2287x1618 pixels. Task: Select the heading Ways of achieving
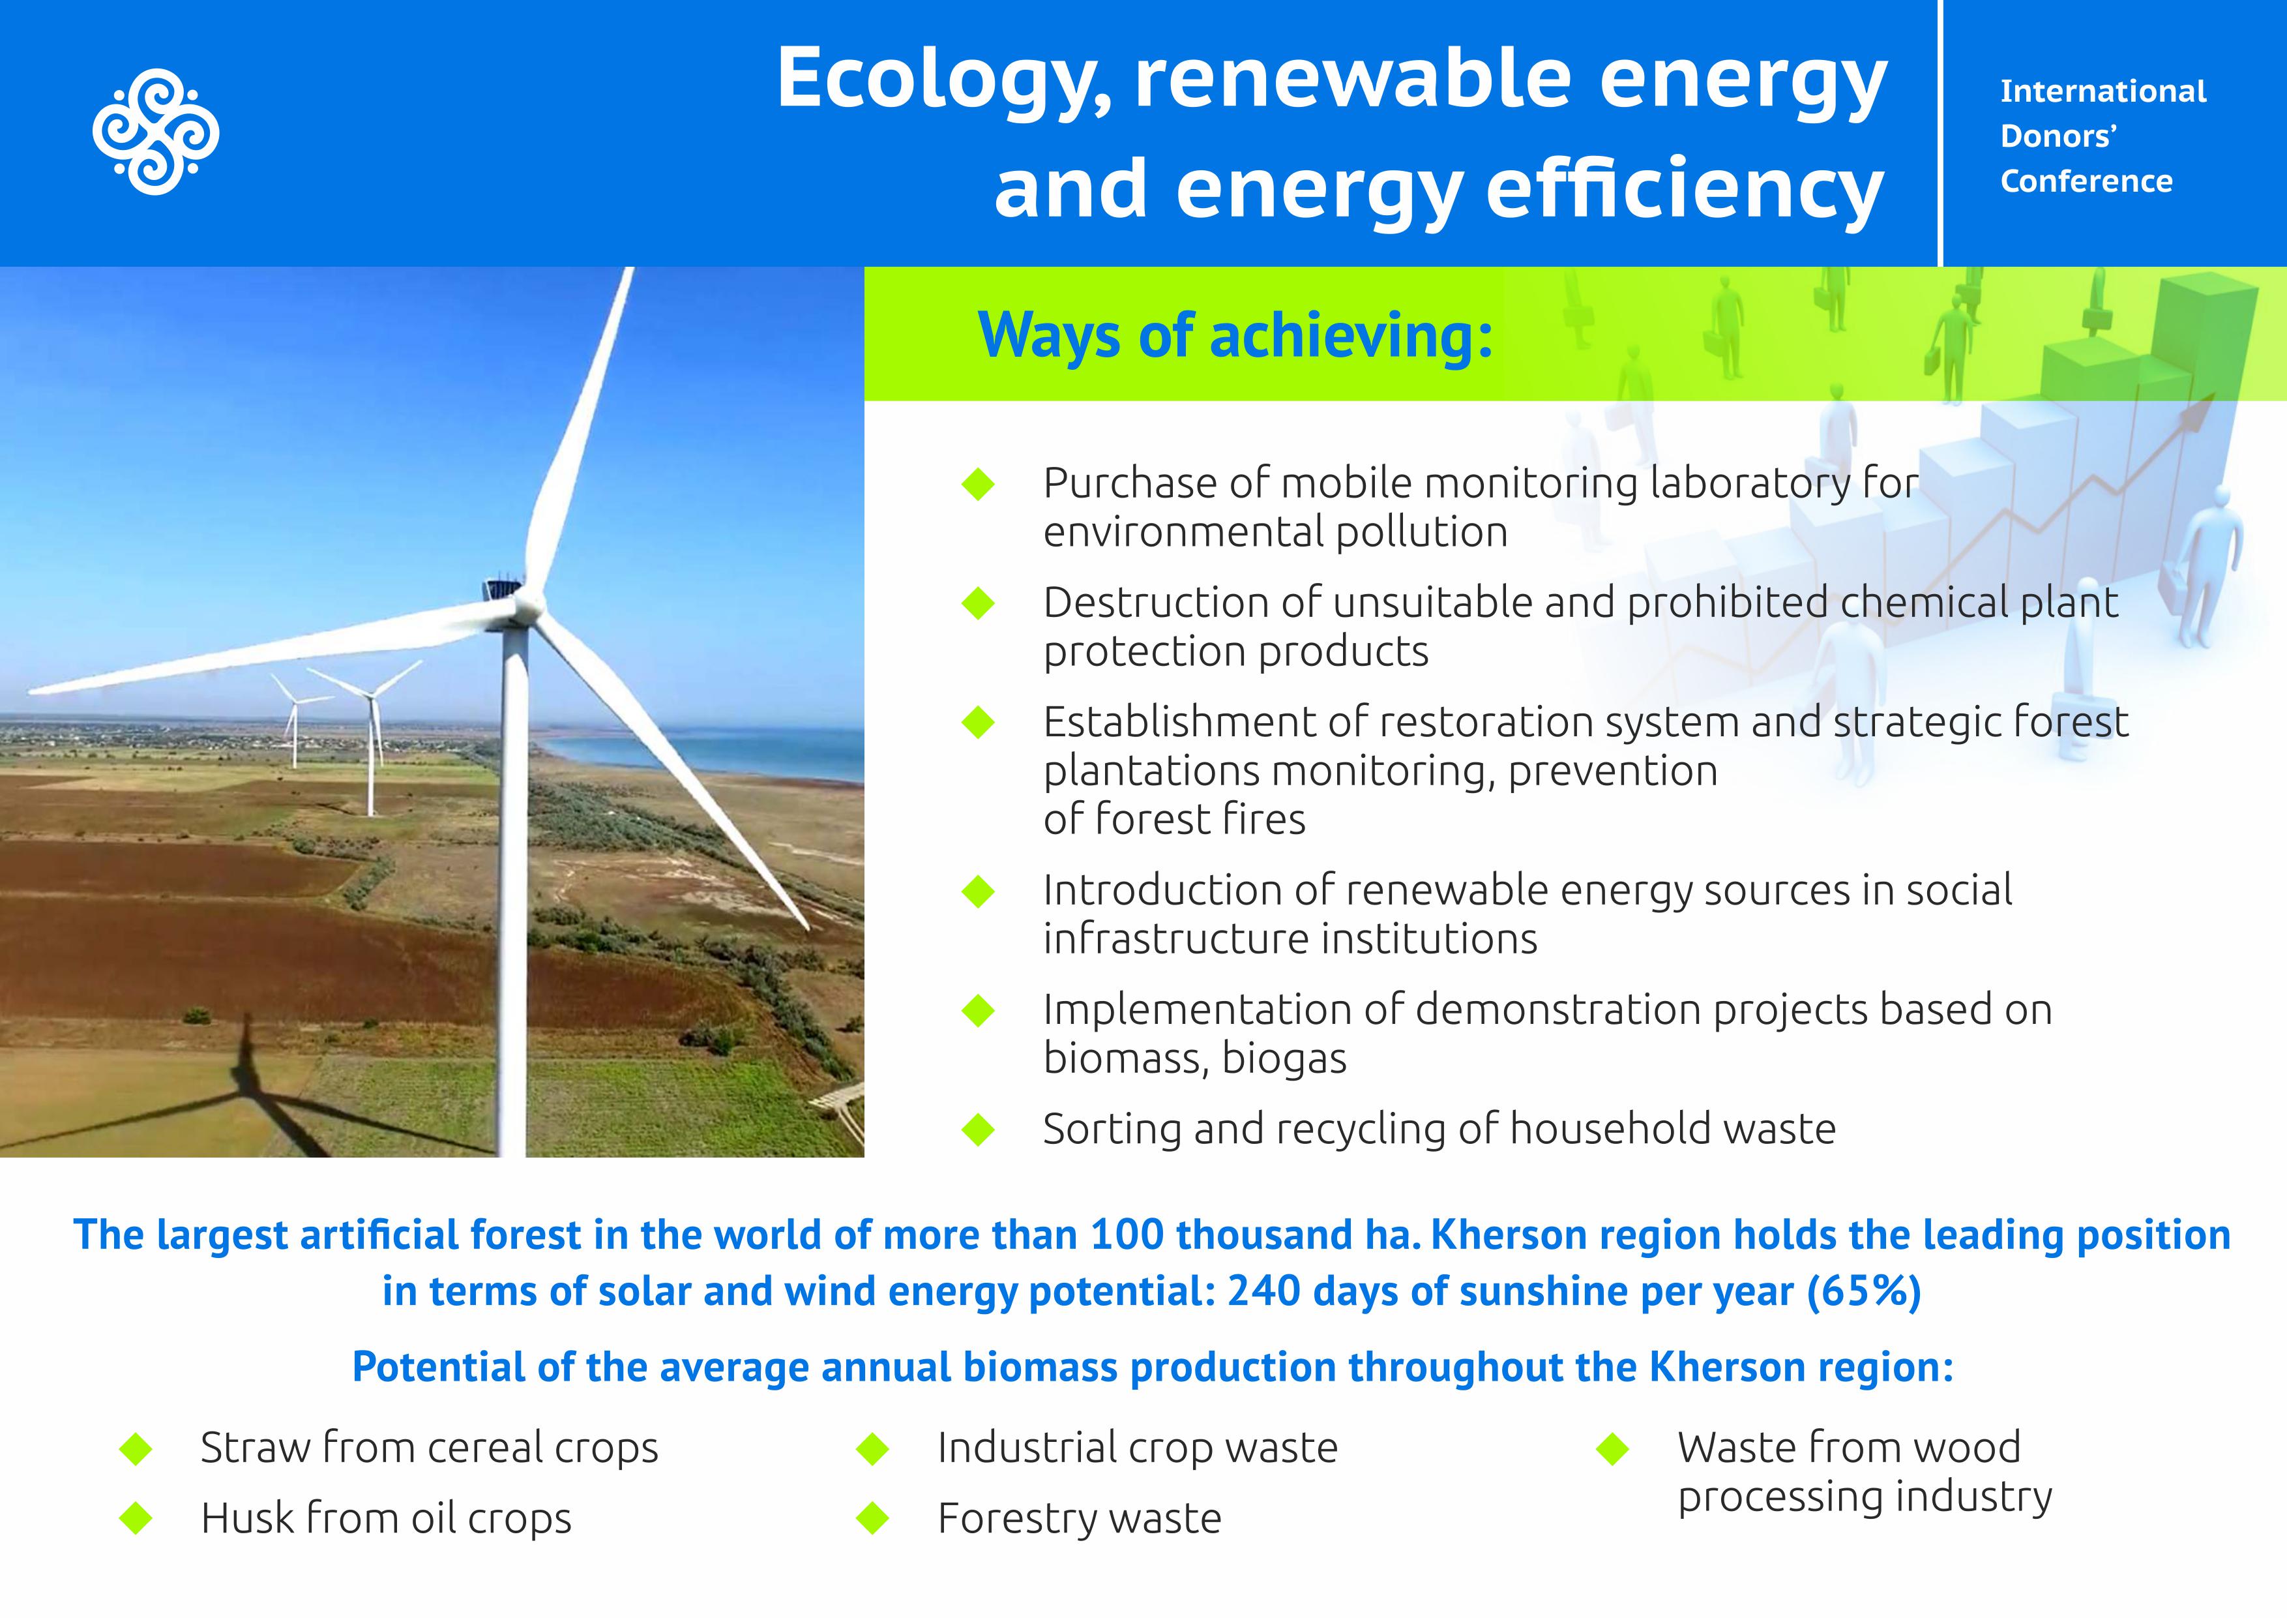[x=1235, y=336]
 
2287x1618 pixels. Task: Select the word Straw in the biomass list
[x=255, y=1448]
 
